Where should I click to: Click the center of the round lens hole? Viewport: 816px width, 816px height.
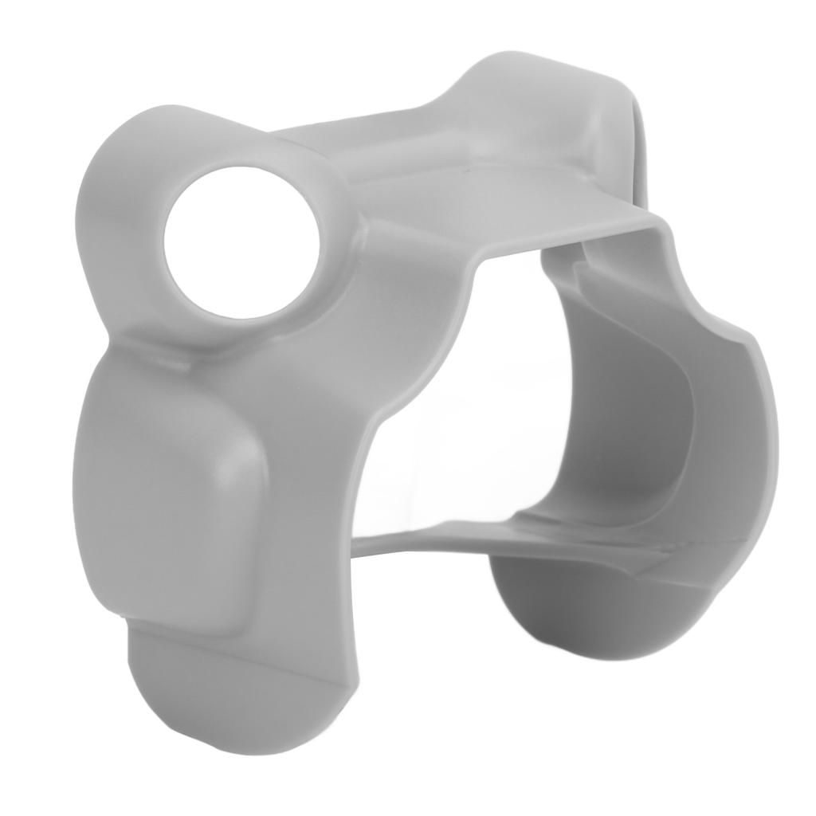point(241,242)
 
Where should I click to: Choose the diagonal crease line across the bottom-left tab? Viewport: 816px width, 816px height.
point(239,645)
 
